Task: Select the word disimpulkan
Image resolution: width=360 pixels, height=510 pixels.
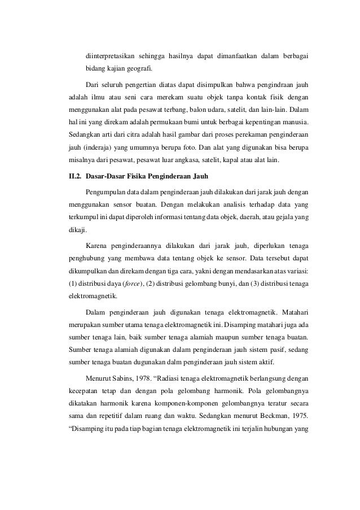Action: tap(208, 86)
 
